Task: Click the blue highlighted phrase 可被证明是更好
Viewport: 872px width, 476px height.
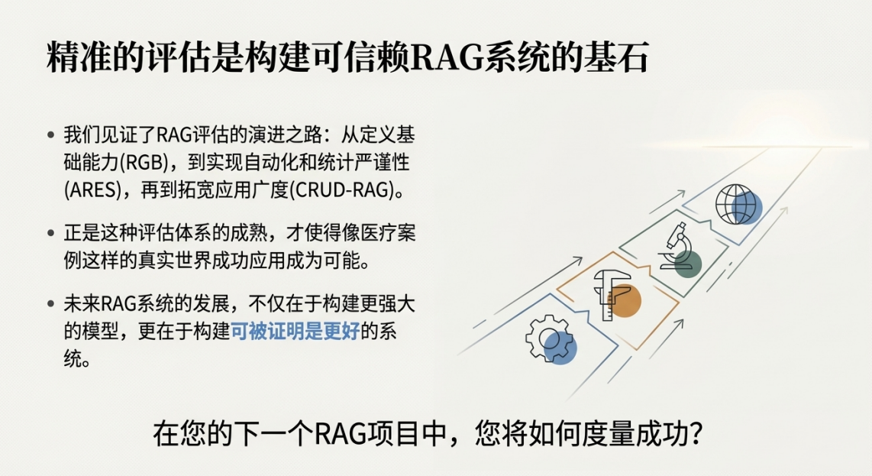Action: [295, 332]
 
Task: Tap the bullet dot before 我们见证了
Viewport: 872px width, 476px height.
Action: [51, 134]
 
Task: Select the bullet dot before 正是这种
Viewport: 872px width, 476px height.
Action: [51, 233]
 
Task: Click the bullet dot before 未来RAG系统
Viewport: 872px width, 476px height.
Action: [51, 304]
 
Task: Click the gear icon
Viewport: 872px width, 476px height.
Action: [547, 338]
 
